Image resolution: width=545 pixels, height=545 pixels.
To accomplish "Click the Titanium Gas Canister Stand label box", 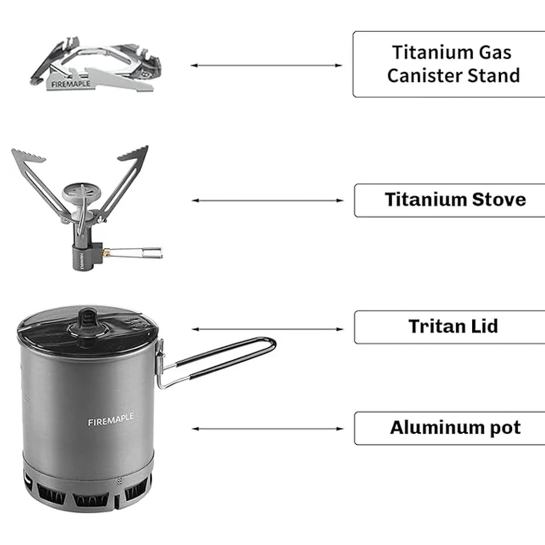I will (448, 64).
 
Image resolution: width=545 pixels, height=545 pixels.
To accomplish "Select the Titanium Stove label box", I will (450, 200).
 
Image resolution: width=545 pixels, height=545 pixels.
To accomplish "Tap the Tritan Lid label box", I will (450, 327).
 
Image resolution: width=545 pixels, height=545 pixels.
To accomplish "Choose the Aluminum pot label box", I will (450, 428).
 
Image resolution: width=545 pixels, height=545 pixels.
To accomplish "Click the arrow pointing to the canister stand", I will (267, 65).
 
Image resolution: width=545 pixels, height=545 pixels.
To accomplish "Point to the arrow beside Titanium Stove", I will (268, 201).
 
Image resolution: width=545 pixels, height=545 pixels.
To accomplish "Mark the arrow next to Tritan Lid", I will (268, 329).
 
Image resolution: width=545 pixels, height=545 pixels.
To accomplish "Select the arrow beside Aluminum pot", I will (268, 429).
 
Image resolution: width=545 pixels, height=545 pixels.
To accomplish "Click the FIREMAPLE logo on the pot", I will (110, 421).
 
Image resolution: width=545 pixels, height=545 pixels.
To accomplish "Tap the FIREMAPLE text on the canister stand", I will (71, 84).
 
